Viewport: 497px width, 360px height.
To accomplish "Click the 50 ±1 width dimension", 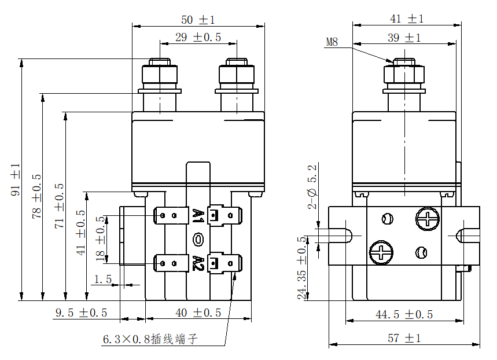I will tap(198, 20).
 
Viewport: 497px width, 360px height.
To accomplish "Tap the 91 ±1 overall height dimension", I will tap(16, 179).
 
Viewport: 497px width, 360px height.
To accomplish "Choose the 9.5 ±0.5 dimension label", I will tap(81, 313).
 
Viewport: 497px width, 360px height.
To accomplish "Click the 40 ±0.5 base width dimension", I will tap(198, 313).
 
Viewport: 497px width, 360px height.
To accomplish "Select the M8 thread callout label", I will tap(332, 42).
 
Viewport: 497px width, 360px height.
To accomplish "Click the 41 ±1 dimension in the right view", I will tap(407, 19).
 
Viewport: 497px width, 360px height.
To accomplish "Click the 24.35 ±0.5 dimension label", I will tap(302, 267).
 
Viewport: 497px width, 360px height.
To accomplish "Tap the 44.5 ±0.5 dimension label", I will tap(404, 314).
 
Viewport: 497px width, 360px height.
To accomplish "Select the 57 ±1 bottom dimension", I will tap(404, 338).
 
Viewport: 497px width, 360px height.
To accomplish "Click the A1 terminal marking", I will tap(198, 216).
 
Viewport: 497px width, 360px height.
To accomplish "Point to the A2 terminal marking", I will tap(198, 263).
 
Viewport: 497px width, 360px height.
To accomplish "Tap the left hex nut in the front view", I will tap(159, 75).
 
